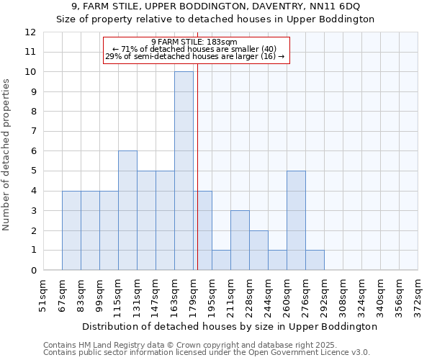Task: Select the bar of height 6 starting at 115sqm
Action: [x=127, y=210]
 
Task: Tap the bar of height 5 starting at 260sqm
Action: [x=296, y=220]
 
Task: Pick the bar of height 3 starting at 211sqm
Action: [x=240, y=240]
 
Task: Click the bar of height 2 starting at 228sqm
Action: [x=258, y=250]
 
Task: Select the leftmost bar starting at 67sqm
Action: [x=71, y=230]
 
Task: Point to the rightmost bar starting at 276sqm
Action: [x=315, y=260]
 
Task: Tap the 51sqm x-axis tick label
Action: [x=44, y=295]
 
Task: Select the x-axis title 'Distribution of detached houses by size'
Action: [x=230, y=326]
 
